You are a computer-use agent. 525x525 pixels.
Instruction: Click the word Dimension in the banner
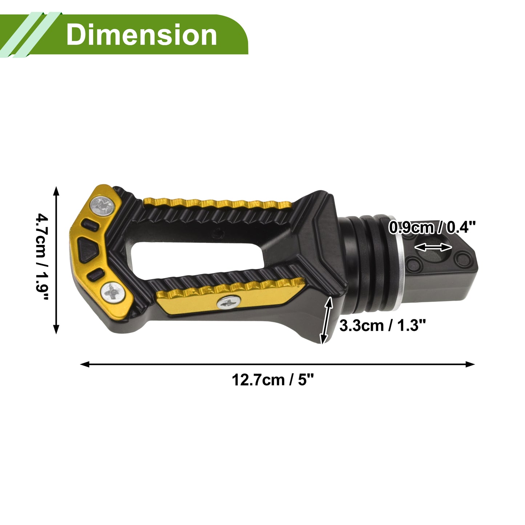click(141, 35)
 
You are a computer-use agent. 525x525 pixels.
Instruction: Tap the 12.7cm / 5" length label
click(273, 380)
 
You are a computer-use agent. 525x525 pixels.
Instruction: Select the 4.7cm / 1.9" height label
click(43, 257)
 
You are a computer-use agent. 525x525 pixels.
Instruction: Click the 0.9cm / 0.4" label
click(432, 227)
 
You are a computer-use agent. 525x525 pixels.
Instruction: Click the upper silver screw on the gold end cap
click(102, 206)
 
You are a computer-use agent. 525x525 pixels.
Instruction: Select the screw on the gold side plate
click(229, 302)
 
